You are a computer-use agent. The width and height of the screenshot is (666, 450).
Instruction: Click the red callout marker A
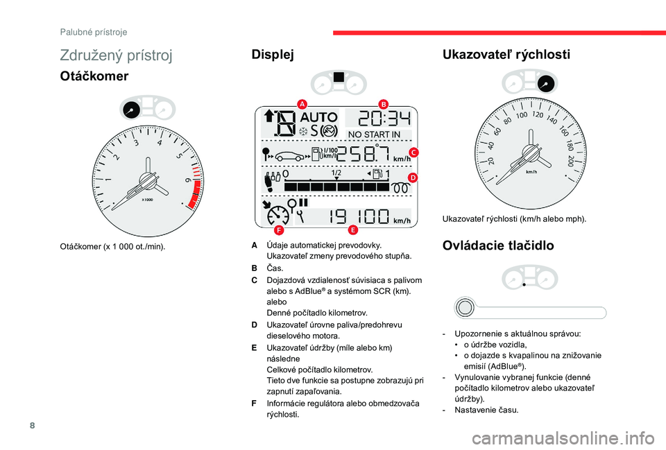302,104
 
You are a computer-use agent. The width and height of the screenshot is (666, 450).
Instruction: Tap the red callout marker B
383,104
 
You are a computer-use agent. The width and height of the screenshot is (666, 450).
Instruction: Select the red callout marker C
413,153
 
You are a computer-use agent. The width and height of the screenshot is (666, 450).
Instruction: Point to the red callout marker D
413,178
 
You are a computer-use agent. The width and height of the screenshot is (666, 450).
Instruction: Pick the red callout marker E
353,230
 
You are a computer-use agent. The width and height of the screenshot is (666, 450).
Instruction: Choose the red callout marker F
279,230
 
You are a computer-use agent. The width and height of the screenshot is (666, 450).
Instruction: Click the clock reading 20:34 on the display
385,119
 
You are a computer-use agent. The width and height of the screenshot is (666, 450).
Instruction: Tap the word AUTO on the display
319,116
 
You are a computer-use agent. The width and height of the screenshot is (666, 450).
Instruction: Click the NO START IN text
374,135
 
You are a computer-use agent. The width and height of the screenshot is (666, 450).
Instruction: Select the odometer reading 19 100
359,216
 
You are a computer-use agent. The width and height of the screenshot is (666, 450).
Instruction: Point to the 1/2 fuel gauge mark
336,173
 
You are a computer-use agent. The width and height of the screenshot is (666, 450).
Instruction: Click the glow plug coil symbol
400,188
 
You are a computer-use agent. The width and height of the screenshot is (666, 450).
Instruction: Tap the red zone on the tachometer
195,194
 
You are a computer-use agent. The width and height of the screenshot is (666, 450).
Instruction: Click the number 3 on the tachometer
136,143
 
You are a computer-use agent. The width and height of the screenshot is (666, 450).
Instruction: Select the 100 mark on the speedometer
522,115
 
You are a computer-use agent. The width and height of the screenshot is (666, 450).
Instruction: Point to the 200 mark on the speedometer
570,161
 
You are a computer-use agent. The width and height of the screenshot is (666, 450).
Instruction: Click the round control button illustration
465,307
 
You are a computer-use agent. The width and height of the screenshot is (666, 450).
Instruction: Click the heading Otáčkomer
94,76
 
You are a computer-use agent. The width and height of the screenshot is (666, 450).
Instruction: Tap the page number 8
33,425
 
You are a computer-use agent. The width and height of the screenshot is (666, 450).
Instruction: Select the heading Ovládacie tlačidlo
498,245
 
